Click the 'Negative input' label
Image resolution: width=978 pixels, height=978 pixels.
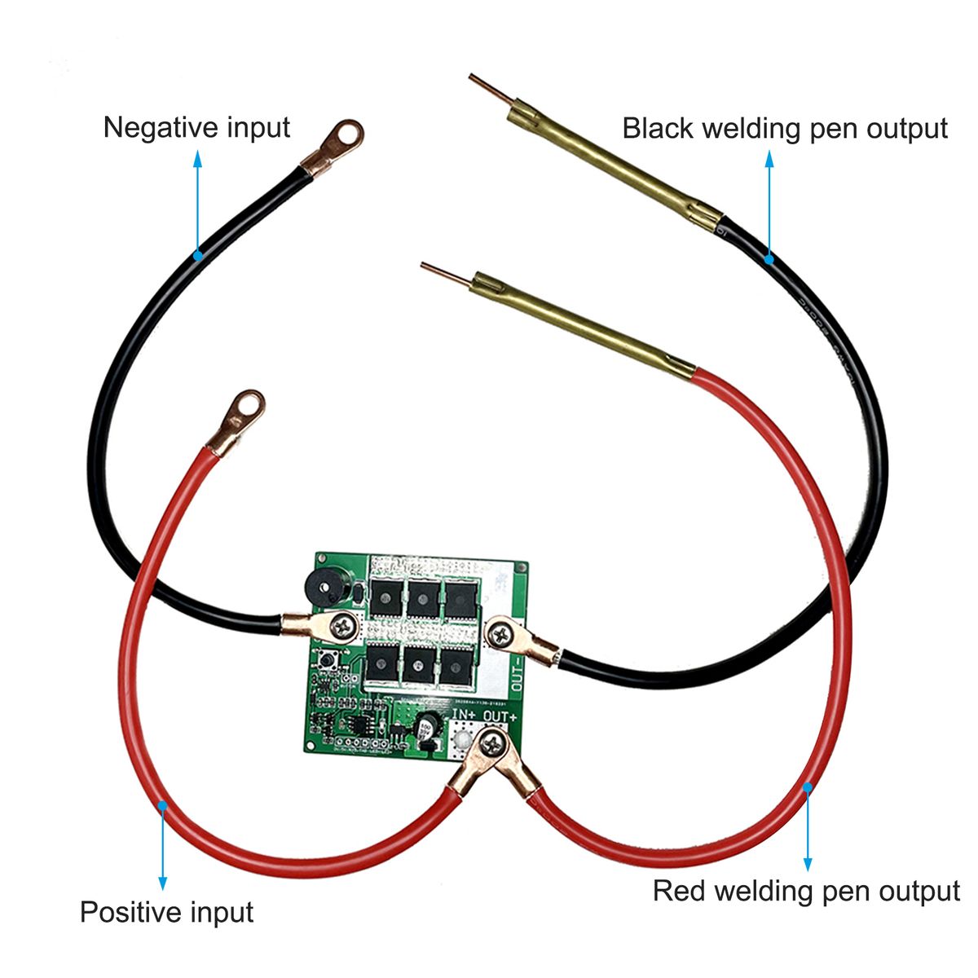pos(196,128)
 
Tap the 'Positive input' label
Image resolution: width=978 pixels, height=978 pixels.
pos(166,911)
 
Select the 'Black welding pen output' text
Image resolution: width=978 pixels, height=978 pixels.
pos(785,129)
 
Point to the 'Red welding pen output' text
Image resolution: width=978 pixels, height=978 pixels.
pos(806,891)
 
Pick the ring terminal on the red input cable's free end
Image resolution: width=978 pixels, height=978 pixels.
pos(244,407)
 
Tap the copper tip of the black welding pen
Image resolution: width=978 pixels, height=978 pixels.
pos(488,90)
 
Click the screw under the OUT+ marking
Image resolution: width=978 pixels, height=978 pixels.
pos(491,742)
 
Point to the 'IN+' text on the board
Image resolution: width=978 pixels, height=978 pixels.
pos(465,716)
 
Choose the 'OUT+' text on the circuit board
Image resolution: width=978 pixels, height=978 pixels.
pos(499,716)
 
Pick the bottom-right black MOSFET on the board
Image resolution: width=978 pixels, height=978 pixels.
pos(456,663)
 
